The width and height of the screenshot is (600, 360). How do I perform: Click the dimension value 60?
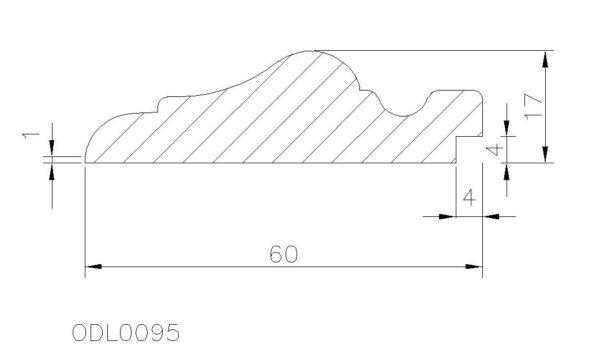tap(283, 254)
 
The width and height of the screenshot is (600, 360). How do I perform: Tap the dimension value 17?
tap(533, 106)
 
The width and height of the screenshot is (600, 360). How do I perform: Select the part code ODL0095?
tap(126, 332)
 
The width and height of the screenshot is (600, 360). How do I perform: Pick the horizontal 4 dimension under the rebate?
tap(469, 198)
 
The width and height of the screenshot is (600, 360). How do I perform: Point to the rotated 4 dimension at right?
tap(496, 150)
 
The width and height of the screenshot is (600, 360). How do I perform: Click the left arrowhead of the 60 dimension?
tap(93, 266)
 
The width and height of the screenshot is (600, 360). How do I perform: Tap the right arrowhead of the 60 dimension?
tap(474, 266)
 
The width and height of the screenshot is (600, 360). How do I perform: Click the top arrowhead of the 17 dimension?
tap(545, 59)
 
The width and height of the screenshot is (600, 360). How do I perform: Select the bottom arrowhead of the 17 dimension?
tap(545, 154)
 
